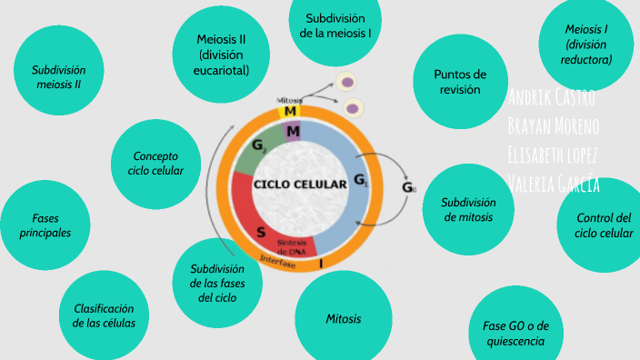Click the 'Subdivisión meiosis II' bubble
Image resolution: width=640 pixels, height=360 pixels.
[58, 76]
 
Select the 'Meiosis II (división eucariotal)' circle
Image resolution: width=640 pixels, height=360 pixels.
[221, 54]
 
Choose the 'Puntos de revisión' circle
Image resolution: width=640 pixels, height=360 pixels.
[459, 81]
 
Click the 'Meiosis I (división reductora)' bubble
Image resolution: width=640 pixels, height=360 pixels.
[586, 45]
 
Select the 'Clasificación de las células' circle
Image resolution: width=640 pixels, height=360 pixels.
[104, 315]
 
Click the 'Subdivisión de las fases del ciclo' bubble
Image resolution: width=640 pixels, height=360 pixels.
[217, 283]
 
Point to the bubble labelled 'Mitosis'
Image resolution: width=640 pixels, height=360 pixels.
[344, 318]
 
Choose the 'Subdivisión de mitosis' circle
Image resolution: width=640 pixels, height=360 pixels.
[468, 209]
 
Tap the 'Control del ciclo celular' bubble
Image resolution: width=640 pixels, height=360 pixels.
[603, 225]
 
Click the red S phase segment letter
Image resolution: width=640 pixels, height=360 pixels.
[261, 232]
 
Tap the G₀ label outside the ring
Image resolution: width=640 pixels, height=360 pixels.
[409, 188]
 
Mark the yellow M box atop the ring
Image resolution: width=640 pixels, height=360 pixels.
[290, 111]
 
